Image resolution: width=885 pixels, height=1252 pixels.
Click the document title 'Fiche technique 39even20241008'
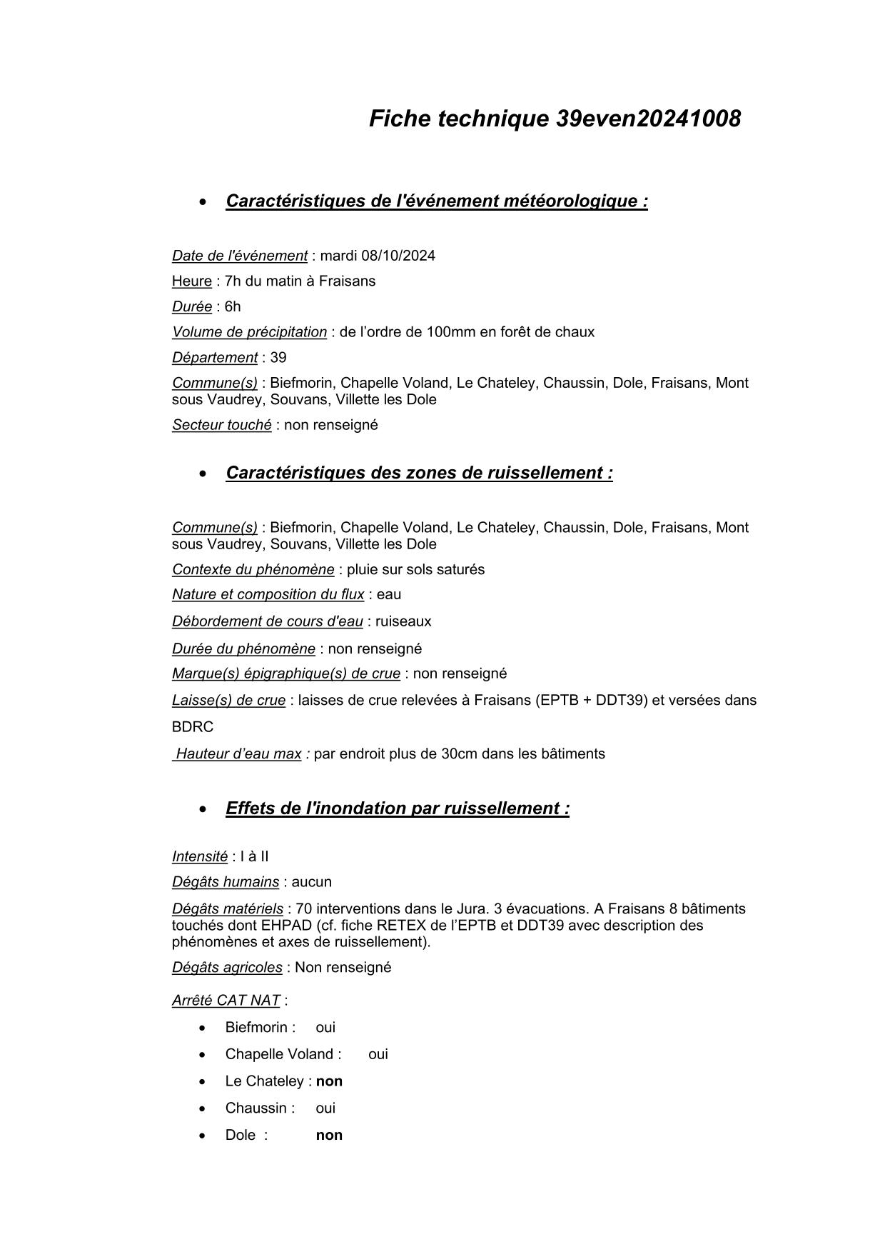tap(555, 119)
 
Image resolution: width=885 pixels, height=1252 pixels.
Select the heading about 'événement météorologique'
tap(436, 201)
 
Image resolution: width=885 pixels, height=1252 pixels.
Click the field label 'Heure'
tap(191, 281)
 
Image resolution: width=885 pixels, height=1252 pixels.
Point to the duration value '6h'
tap(233, 306)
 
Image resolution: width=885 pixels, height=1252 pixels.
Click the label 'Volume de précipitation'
tap(249, 332)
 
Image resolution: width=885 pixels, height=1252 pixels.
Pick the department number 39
tap(278, 357)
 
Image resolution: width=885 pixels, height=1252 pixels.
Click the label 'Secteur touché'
tap(221, 425)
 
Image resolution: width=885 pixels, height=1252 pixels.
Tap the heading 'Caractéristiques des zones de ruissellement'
tap(419, 473)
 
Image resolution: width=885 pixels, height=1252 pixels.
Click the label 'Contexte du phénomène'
tap(253, 569)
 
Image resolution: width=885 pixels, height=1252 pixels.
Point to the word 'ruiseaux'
tap(403, 621)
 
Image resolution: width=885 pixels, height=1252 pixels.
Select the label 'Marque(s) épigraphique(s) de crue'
tap(285, 673)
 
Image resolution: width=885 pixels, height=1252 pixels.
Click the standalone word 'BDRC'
tap(193, 727)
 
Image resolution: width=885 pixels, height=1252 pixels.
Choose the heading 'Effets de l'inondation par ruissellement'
tap(397, 808)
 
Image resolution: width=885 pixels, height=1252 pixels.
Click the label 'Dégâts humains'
tap(226, 882)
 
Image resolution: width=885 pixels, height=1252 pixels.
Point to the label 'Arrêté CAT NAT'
tap(226, 1001)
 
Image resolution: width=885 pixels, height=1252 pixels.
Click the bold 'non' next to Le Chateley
tap(329, 1081)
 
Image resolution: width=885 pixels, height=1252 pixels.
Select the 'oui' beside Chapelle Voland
tap(378, 1054)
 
